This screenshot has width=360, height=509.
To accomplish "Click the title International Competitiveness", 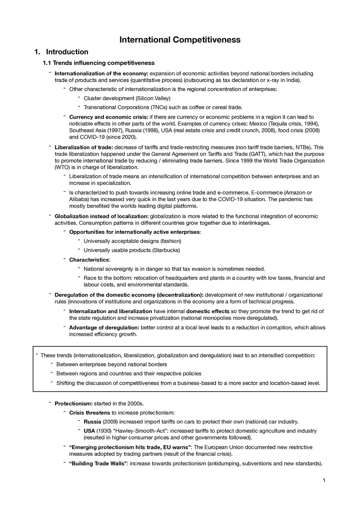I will (180, 40).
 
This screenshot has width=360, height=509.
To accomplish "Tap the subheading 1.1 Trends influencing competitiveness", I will (99, 63).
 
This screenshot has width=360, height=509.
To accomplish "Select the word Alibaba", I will (79, 199).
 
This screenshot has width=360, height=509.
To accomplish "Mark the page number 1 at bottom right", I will (324, 480).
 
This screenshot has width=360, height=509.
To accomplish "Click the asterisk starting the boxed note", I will (37, 355).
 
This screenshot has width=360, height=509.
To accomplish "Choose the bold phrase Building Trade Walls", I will (98, 463).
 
